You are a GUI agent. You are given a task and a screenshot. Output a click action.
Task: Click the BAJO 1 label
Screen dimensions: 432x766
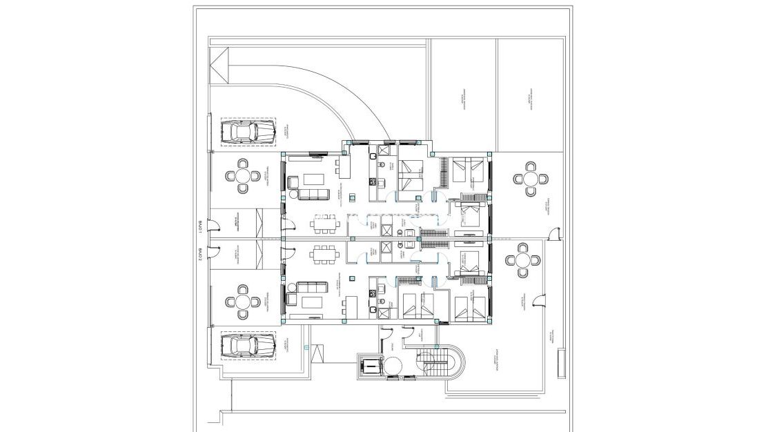pos(199,226)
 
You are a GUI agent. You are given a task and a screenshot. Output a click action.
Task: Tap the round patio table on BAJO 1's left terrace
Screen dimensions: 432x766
pos(243,175)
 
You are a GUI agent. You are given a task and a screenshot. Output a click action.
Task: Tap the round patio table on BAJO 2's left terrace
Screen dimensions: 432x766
pos(243,302)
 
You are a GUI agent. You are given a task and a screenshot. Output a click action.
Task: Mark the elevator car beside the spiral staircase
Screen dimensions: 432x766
pos(371,365)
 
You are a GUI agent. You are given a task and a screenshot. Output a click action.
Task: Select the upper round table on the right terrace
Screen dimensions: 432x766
pos(530,179)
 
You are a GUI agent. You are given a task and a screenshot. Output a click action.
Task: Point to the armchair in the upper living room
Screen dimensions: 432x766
pos(293,183)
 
